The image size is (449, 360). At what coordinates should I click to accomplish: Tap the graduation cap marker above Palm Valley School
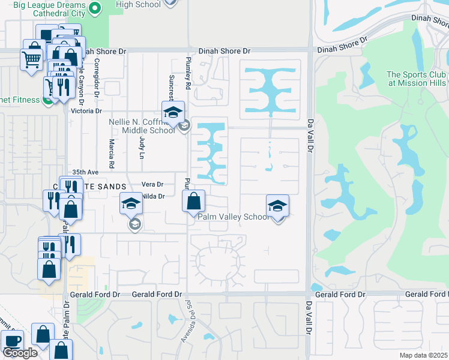pyautogui.click(x=277, y=205)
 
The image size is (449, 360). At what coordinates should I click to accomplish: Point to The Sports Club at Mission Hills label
pyautogui.click(x=417, y=79)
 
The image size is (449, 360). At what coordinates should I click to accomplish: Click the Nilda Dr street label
pyautogui.click(x=153, y=196)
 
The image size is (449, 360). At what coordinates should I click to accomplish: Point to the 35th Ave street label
pyautogui.click(x=84, y=172)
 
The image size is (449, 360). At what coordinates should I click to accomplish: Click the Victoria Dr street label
pyautogui.click(x=86, y=111)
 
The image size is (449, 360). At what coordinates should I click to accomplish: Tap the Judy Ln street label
pyautogui.click(x=142, y=146)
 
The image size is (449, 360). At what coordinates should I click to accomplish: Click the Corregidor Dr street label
pyautogui.click(x=95, y=79)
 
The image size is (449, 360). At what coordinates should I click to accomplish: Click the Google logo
pyautogui.click(x=20, y=353)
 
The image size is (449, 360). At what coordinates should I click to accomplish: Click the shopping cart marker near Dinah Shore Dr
pyautogui.click(x=31, y=59)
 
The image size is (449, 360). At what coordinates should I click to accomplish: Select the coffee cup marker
pyautogui.click(x=12, y=340)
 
